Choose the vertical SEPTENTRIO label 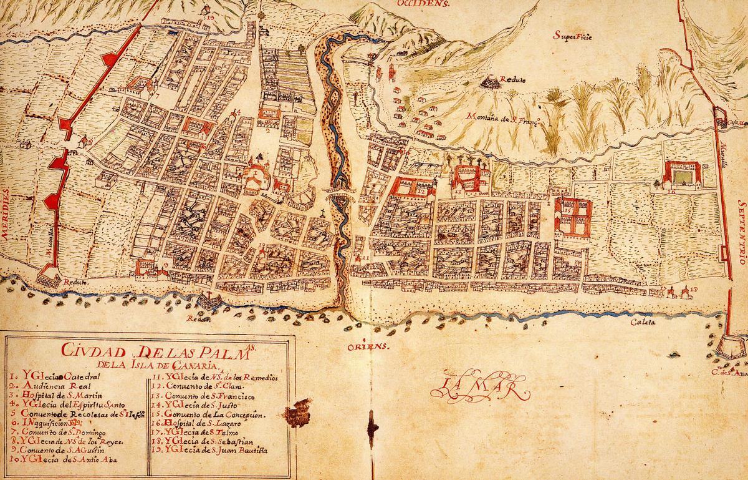tap(741, 230)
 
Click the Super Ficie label tap(572, 36)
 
